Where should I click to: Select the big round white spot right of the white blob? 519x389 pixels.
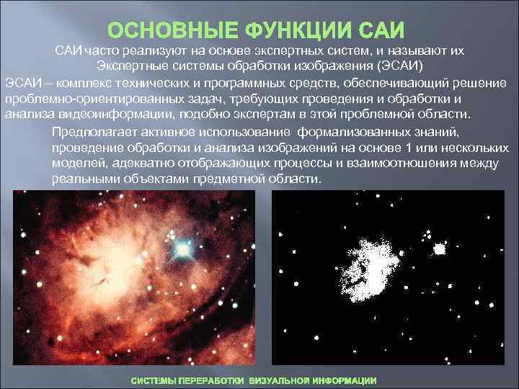(x=438, y=249)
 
